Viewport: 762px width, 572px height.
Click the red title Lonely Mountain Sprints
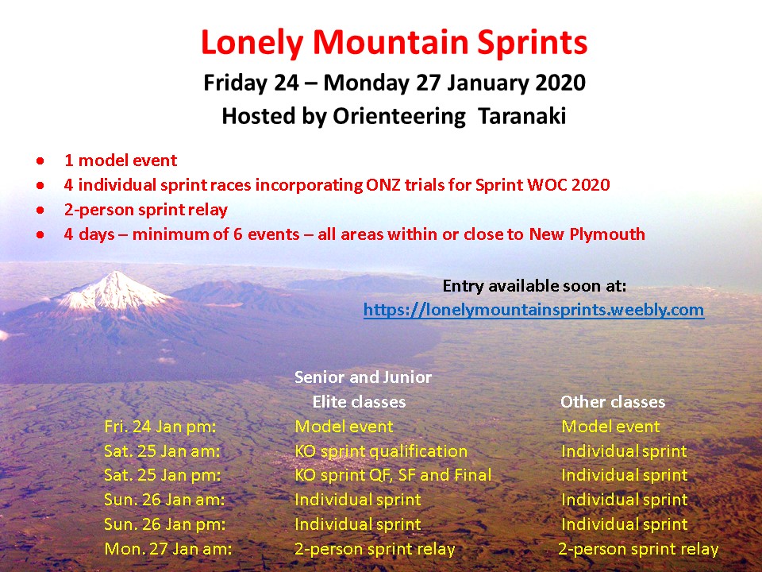[394, 43]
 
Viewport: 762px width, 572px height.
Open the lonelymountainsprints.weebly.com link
[533, 310]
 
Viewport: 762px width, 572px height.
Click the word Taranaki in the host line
[522, 116]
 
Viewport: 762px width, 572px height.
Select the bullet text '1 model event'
[121, 160]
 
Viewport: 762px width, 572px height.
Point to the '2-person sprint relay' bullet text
[146, 210]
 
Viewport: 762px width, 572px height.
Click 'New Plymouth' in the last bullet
[587, 234]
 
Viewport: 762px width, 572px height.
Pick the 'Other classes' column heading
[613, 402]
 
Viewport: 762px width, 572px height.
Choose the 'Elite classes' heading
[359, 402]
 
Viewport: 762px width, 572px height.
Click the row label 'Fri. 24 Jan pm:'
[160, 427]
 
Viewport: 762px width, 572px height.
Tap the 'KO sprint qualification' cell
[381, 451]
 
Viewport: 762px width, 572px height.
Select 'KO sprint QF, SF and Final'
[393, 475]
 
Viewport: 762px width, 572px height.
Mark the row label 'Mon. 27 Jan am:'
[168, 549]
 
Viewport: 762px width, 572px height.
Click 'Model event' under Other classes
[611, 427]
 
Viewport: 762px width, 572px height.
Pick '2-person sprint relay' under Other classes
[638, 549]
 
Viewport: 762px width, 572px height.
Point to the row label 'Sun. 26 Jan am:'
[164, 500]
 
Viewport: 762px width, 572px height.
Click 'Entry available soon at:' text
[534, 285]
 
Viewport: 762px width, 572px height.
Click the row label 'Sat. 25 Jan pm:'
[162, 475]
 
